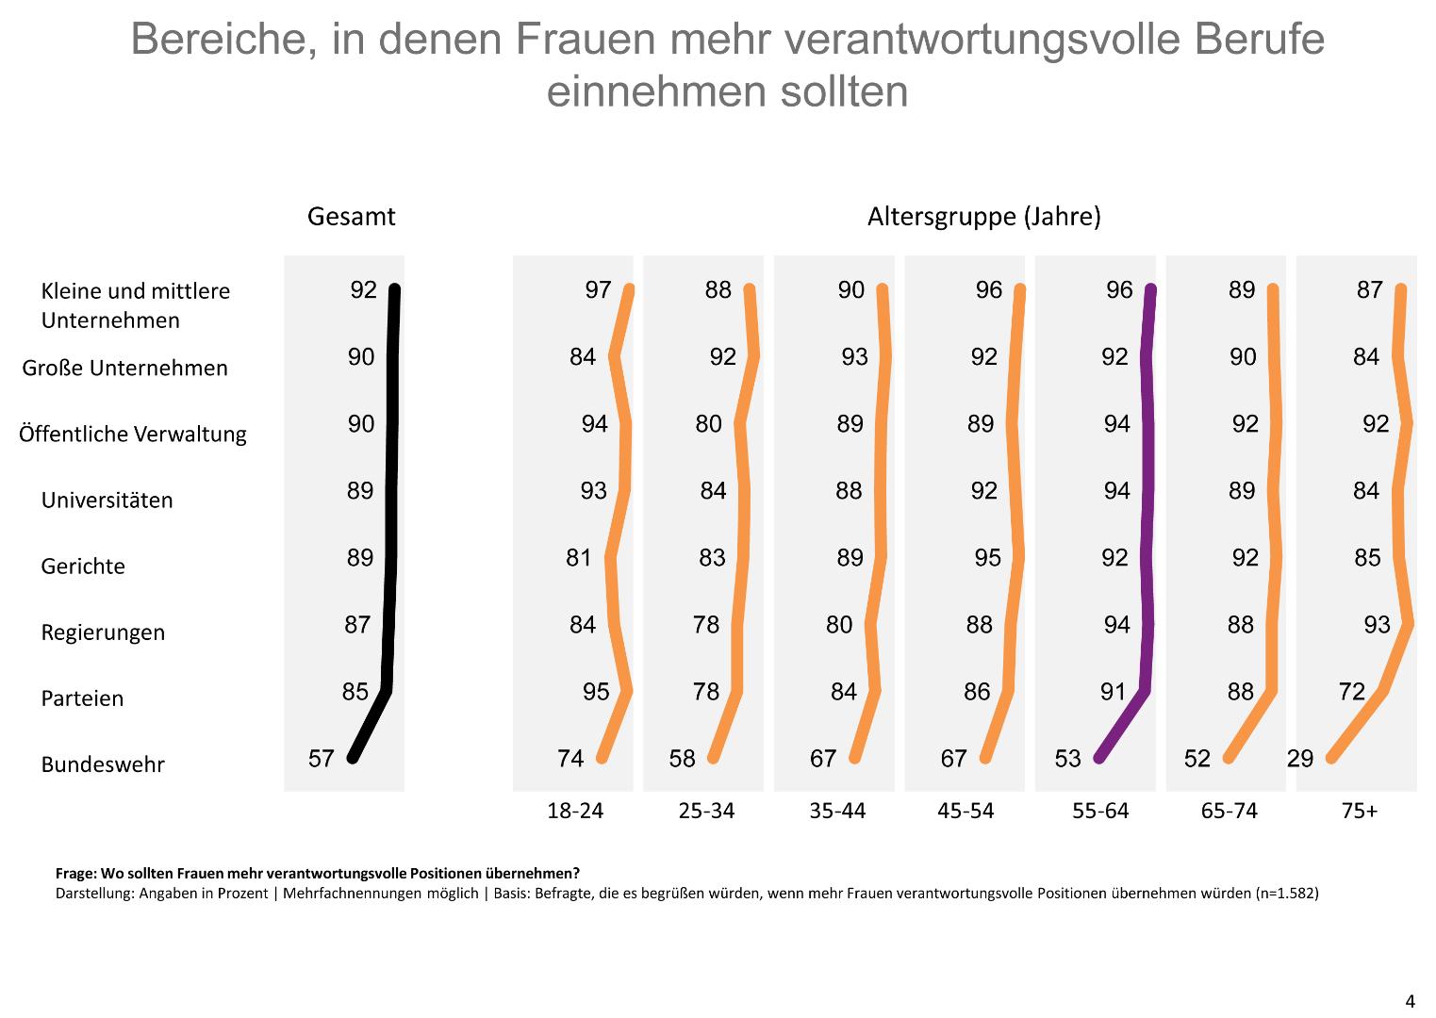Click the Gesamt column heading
[351, 217]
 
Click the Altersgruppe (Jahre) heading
[983, 217]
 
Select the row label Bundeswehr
[102, 764]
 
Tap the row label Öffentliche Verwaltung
[132, 435]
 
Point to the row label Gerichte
[83, 566]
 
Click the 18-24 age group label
[575, 811]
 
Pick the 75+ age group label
[1359, 811]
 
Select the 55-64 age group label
[1099, 811]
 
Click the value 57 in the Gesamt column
[322, 758]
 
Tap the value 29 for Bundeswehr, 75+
[1300, 758]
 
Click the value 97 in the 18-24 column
[598, 290]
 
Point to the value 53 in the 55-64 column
[1067, 758]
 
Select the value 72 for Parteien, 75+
[1351, 692]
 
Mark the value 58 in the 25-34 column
[682, 758]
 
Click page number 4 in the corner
[1410, 1002]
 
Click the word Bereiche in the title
[223, 40]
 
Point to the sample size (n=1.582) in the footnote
[1287, 893]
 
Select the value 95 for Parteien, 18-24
[596, 692]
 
